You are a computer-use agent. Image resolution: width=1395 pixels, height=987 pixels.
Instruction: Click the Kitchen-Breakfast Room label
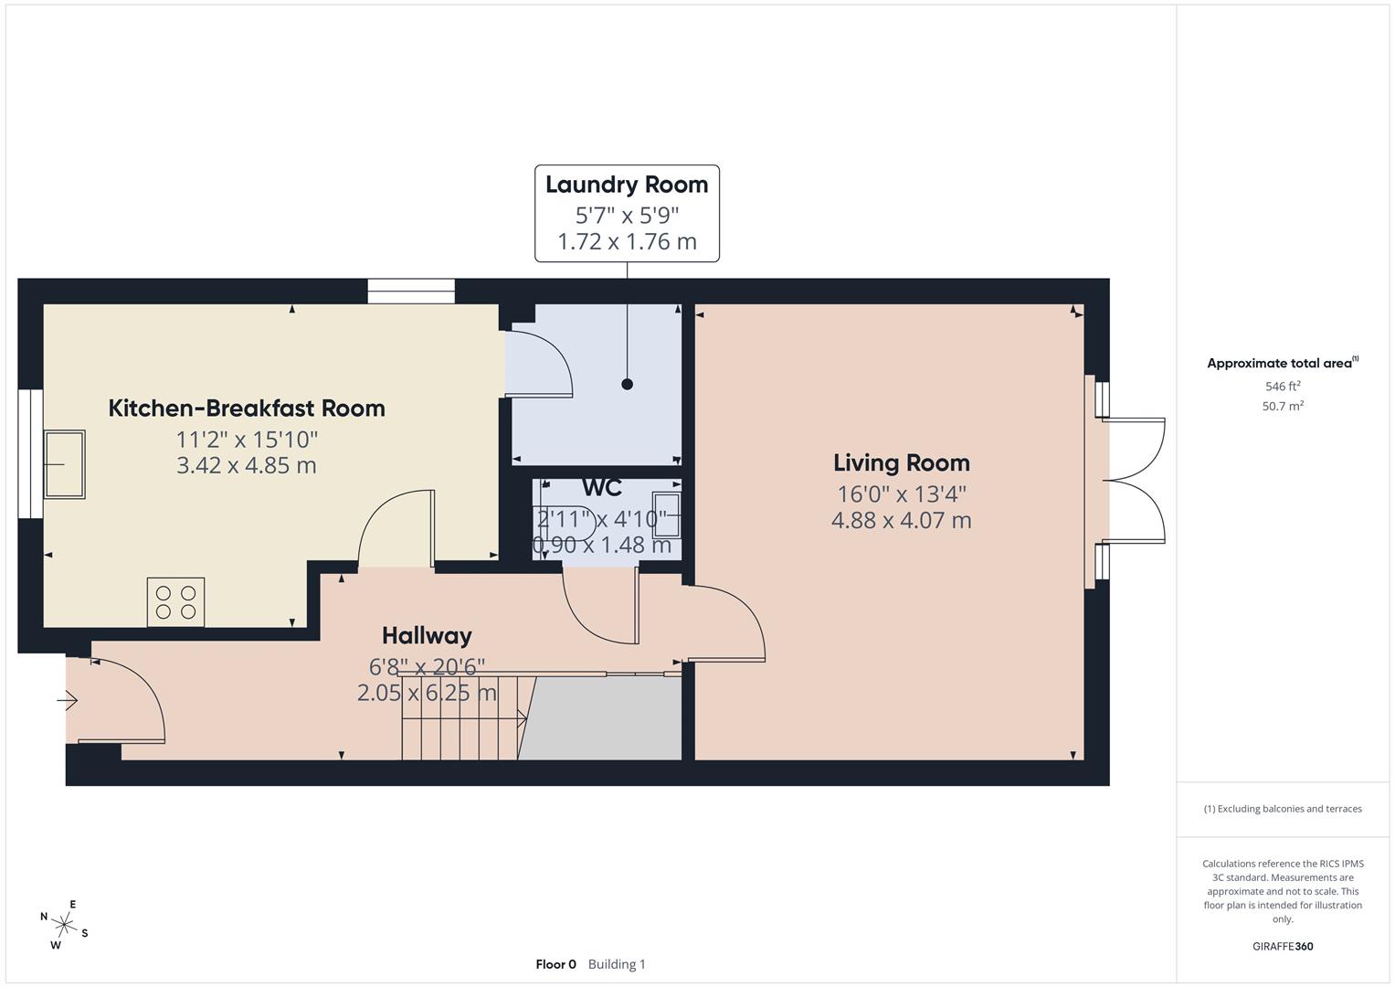(247, 408)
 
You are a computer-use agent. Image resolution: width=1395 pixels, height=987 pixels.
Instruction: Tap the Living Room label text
(901, 462)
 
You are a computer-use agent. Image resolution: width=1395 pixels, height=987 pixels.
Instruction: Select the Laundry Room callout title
(627, 185)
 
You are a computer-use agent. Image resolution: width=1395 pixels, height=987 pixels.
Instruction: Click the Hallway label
(427, 635)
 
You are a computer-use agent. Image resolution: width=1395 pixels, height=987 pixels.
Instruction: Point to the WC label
(602, 488)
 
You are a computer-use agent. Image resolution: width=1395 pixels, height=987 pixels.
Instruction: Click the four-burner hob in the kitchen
(175, 602)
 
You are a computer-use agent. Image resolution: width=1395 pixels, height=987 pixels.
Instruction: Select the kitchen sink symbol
(65, 464)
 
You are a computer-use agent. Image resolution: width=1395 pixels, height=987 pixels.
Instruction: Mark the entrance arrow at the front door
(68, 701)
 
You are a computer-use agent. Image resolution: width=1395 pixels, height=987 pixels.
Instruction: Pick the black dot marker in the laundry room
(627, 384)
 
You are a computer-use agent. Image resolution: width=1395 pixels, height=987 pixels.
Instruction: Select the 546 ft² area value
(1282, 387)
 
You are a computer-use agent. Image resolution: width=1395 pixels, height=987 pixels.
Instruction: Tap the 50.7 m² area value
(1282, 407)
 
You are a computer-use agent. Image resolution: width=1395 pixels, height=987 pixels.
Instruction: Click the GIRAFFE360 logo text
(1282, 947)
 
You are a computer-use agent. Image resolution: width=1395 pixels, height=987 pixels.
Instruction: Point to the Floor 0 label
(555, 964)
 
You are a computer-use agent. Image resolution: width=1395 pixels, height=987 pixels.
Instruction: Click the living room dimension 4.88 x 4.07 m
(901, 520)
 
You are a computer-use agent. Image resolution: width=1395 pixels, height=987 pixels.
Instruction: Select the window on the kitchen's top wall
(411, 291)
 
